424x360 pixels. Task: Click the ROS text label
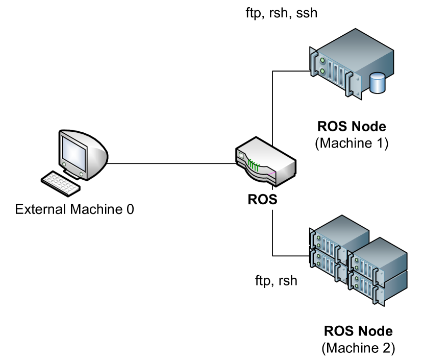(262, 199)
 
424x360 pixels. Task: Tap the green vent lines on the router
(254, 164)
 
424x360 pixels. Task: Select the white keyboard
(61, 183)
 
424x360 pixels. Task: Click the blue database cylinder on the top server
(377, 83)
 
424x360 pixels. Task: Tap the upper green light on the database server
(322, 61)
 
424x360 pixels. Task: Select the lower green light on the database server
(322, 71)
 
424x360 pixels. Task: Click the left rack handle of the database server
(313, 62)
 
